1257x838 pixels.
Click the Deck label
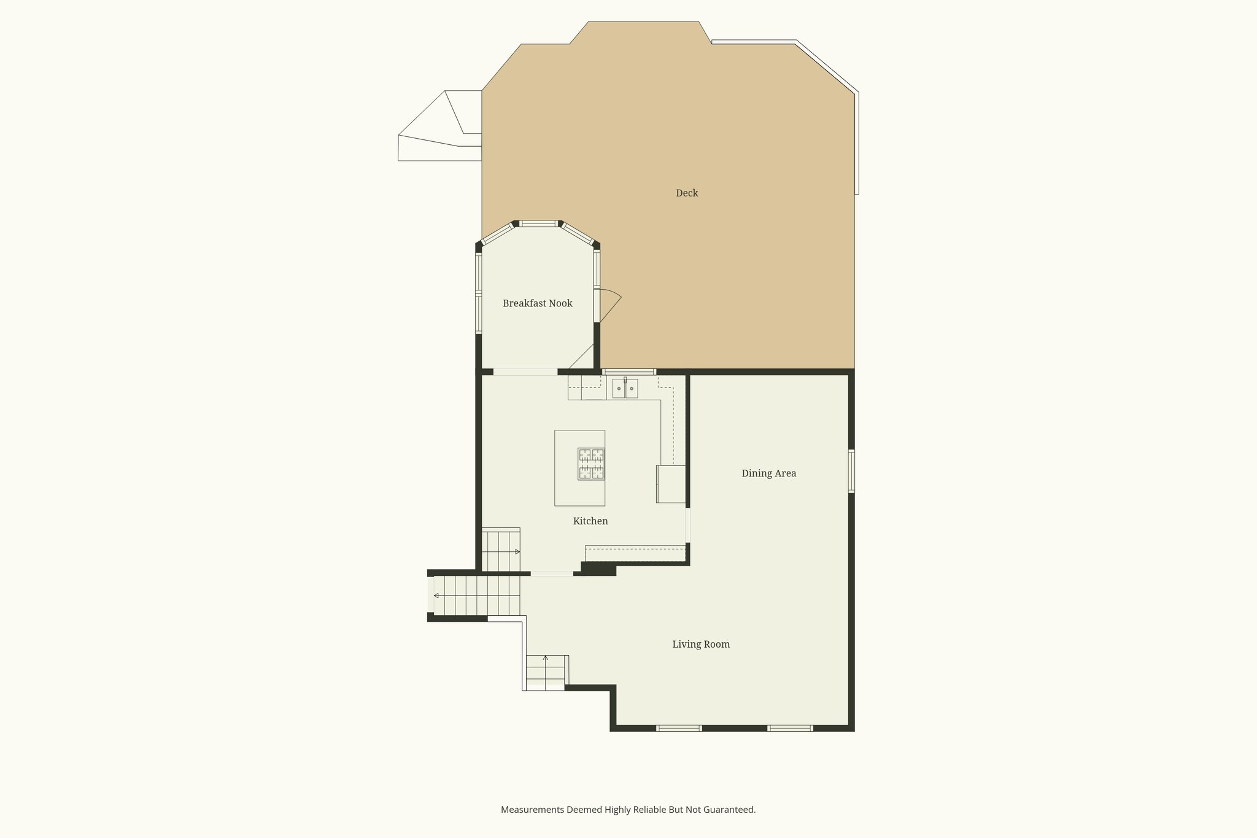point(687,193)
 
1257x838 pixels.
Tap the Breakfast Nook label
point(537,303)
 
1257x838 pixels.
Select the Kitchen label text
point(590,521)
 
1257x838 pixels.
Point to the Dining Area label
point(768,473)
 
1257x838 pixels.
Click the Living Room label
point(701,644)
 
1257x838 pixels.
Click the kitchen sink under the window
point(625,389)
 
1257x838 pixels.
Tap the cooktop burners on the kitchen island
point(591,464)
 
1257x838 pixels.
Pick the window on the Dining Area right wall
point(851,471)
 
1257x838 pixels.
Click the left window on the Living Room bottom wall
point(679,728)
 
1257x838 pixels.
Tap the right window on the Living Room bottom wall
point(790,728)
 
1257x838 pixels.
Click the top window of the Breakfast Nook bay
point(538,223)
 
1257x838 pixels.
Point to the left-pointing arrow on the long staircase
point(436,596)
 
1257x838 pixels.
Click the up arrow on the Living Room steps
point(546,659)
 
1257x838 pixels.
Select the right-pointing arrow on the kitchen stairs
point(517,551)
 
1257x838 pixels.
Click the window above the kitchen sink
point(629,371)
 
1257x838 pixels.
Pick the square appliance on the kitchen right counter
point(671,484)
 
